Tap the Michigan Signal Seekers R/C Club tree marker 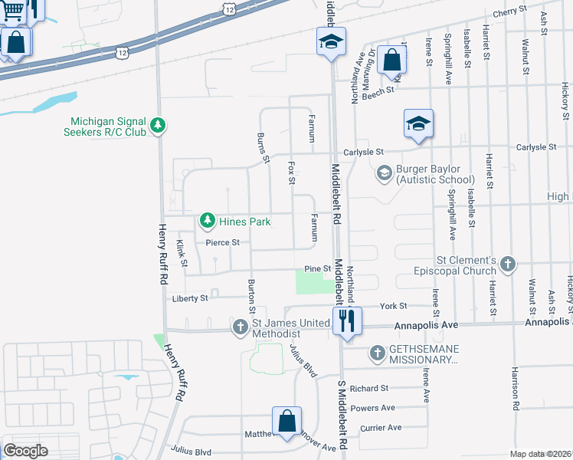[158, 125]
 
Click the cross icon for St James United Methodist [240, 328]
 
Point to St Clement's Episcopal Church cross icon [507, 265]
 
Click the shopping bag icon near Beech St [391, 60]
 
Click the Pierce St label [222, 242]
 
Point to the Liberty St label [189, 298]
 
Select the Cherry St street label [510, 11]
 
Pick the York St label [393, 306]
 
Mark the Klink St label [182, 253]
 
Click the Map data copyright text [541, 454]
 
